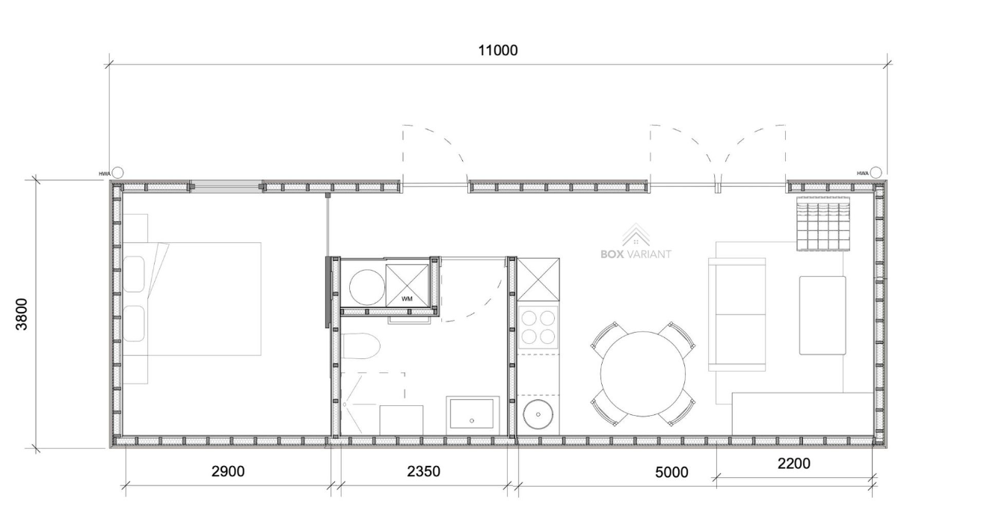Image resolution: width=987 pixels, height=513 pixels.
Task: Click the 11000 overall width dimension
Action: click(x=498, y=51)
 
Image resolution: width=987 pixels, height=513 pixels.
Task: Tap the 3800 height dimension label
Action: click(x=21, y=314)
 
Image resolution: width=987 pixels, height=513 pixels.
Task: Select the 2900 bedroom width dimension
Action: click(x=228, y=471)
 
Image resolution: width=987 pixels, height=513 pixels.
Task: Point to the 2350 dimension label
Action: click(x=423, y=471)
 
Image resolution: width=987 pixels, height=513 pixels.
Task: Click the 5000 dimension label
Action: click(x=671, y=472)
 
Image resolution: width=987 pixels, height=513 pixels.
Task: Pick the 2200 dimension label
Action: click(x=793, y=464)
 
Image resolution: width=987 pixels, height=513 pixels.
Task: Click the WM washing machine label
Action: click(x=407, y=299)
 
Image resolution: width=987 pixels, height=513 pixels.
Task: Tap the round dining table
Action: click(x=643, y=374)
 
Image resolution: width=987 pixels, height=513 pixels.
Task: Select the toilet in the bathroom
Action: click(x=360, y=346)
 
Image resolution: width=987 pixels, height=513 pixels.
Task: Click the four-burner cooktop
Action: click(x=538, y=328)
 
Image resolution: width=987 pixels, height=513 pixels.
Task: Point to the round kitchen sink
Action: click(x=538, y=414)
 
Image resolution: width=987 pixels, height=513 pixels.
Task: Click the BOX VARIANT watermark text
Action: click(x=636, y=254)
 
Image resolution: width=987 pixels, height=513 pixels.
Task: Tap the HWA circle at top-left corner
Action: click(x=117, y=173)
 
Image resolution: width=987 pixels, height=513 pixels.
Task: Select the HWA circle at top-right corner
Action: click(x=876, y=172)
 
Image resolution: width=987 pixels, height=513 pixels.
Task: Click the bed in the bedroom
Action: click(x=191, y=299)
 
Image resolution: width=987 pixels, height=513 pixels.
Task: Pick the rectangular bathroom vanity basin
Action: click(x=473, y=414)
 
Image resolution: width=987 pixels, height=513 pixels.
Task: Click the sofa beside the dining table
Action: click(x=737, y=314)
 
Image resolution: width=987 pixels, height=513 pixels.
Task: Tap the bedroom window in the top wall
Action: click(x=227, y=187)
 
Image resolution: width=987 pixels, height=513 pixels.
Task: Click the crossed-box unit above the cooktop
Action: click(x=538, y=280)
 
